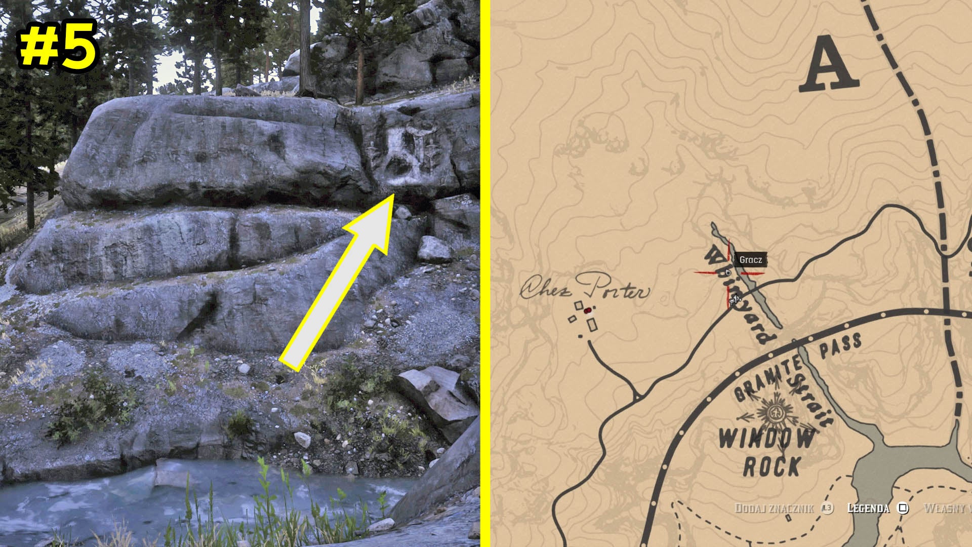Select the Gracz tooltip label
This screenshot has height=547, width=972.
pyautogui.click(x=750, y=260)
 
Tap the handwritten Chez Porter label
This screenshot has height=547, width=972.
pyautogui.click(x=585, y=287)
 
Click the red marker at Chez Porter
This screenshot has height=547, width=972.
pyautogui.click(x=587, y=311)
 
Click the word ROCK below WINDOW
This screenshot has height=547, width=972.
pyautogui.click(x=772, y=466)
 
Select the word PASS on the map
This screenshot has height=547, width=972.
pyautogui.click(x=840, y=346)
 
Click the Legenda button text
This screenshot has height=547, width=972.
pyautogui.click(x=868, y=508)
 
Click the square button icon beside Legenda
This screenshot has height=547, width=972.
pyautogui.click(x=903, y=508)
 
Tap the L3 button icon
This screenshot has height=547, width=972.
pyautogui.click(x=827, y=508)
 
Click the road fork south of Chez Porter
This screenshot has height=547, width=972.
pyautogui.click(x=636, y=396)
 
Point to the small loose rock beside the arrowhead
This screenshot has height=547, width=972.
pyautogui.click(x=403, y=212)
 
